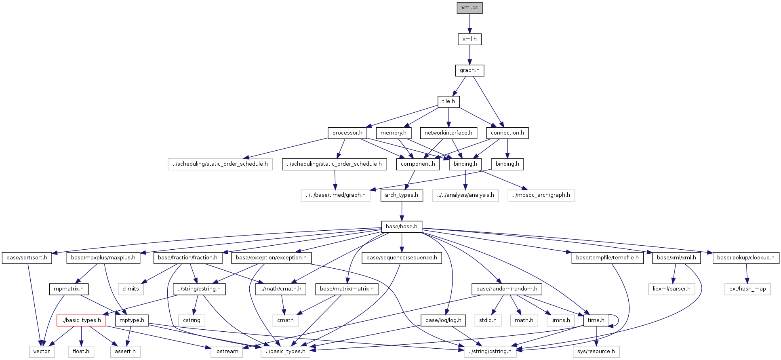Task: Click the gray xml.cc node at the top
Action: (469, 8)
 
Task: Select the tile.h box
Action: (448, 101)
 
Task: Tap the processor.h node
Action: (347, 133)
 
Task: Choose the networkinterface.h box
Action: (448, 133)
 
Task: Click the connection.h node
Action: (507, 133)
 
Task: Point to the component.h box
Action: (418, 164)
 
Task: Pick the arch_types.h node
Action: (402, 195)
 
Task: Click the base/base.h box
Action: (402, 227)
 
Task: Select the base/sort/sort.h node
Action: (27, 258)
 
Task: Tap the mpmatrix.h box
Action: (69, 289)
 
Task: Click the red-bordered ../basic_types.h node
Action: (81, 320)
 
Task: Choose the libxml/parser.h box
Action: (672, 289)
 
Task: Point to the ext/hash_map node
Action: (747, 289)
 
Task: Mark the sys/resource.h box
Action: (596, 352)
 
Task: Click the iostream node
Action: (227, 352)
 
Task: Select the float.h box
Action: (81, 352)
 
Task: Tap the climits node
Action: (131, 289)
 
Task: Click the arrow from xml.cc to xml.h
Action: (469, 23)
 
